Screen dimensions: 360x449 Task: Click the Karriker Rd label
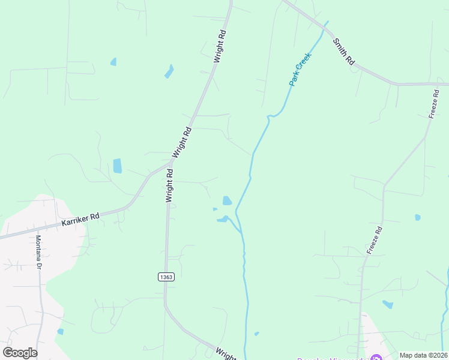tap(80, 220)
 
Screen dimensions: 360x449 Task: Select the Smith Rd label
tap(345, 52)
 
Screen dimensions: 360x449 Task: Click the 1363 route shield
tap(166, 277)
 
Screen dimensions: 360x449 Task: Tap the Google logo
tap(20, 353)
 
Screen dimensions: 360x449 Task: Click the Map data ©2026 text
tap(423, 355)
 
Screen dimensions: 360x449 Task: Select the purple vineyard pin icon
tap(376, 358)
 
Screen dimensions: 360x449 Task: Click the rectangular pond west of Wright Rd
tap(117, 166)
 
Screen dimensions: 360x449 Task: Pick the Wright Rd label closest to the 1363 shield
tap(170, 185)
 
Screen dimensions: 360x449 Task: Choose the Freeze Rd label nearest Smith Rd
tap(435, 104)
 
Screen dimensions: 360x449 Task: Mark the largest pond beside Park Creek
tap(227, 200)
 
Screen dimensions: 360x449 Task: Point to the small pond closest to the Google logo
tap(60, 331)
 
